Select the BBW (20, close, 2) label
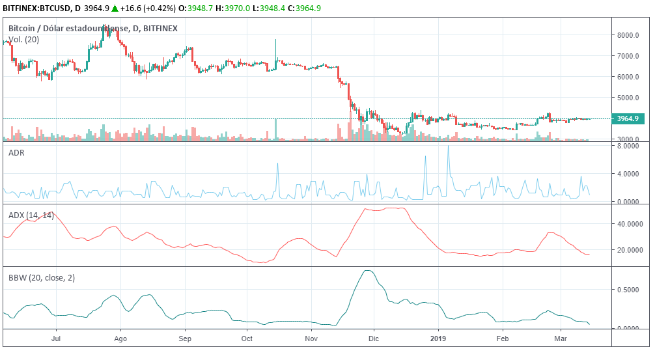tap(41, 277)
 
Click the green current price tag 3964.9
tap(629, 118)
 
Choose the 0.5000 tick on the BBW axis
tap(630, 290)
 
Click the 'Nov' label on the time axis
tap(311, 339)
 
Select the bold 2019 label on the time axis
tap(439, 339)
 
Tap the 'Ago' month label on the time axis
tap(120, 339)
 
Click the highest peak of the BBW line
tap(369, 271)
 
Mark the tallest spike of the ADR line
tap(448, 146)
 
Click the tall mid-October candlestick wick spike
tap(276, 41)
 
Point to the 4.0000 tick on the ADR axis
tap(630, 174)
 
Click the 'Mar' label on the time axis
tap(559, 339)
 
